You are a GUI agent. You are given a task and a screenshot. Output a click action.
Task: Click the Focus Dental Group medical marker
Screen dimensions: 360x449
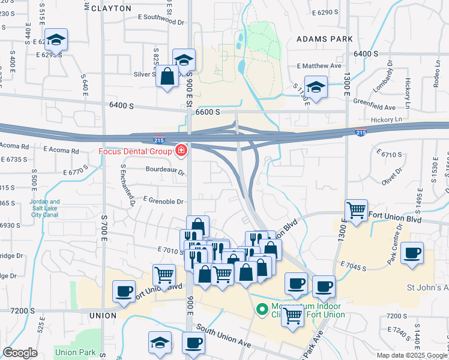click(180, 150)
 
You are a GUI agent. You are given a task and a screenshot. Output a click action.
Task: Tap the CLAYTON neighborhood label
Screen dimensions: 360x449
click(108, 8)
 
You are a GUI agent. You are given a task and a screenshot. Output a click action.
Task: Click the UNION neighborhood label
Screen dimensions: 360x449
click(103, 315)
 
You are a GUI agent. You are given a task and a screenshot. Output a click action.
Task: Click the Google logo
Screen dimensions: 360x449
click(20, 353)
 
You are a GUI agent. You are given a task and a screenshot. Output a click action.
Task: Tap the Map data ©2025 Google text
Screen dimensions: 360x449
click(411, 355)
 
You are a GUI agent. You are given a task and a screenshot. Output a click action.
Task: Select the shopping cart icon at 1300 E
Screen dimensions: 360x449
click(357, 211)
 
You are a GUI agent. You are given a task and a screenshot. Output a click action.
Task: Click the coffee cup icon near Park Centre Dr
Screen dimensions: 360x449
click(412, 253)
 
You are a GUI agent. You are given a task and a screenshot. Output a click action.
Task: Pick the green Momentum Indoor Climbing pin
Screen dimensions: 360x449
click(262, 310)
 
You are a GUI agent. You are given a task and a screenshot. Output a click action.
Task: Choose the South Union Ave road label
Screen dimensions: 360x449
click(222, 336)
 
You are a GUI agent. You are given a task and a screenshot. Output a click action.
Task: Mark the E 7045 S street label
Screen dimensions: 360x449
click(358, 265)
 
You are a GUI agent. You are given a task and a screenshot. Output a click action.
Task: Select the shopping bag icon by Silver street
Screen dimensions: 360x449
click(167, 76)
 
